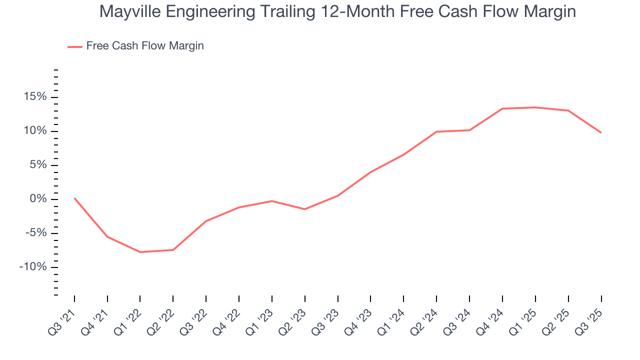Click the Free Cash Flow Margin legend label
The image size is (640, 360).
(145, 46)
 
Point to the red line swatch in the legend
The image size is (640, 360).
(75, 46)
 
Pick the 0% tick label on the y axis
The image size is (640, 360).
(39, 199)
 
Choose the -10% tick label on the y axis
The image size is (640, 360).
(34, 267)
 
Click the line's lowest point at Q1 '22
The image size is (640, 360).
(140, 252)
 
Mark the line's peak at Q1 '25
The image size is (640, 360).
(535, 107)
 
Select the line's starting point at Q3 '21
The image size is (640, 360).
(74, 198)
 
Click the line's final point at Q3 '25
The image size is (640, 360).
(600, 132)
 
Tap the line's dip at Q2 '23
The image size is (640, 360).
(304, 209)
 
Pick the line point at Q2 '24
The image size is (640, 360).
(436, 131)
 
